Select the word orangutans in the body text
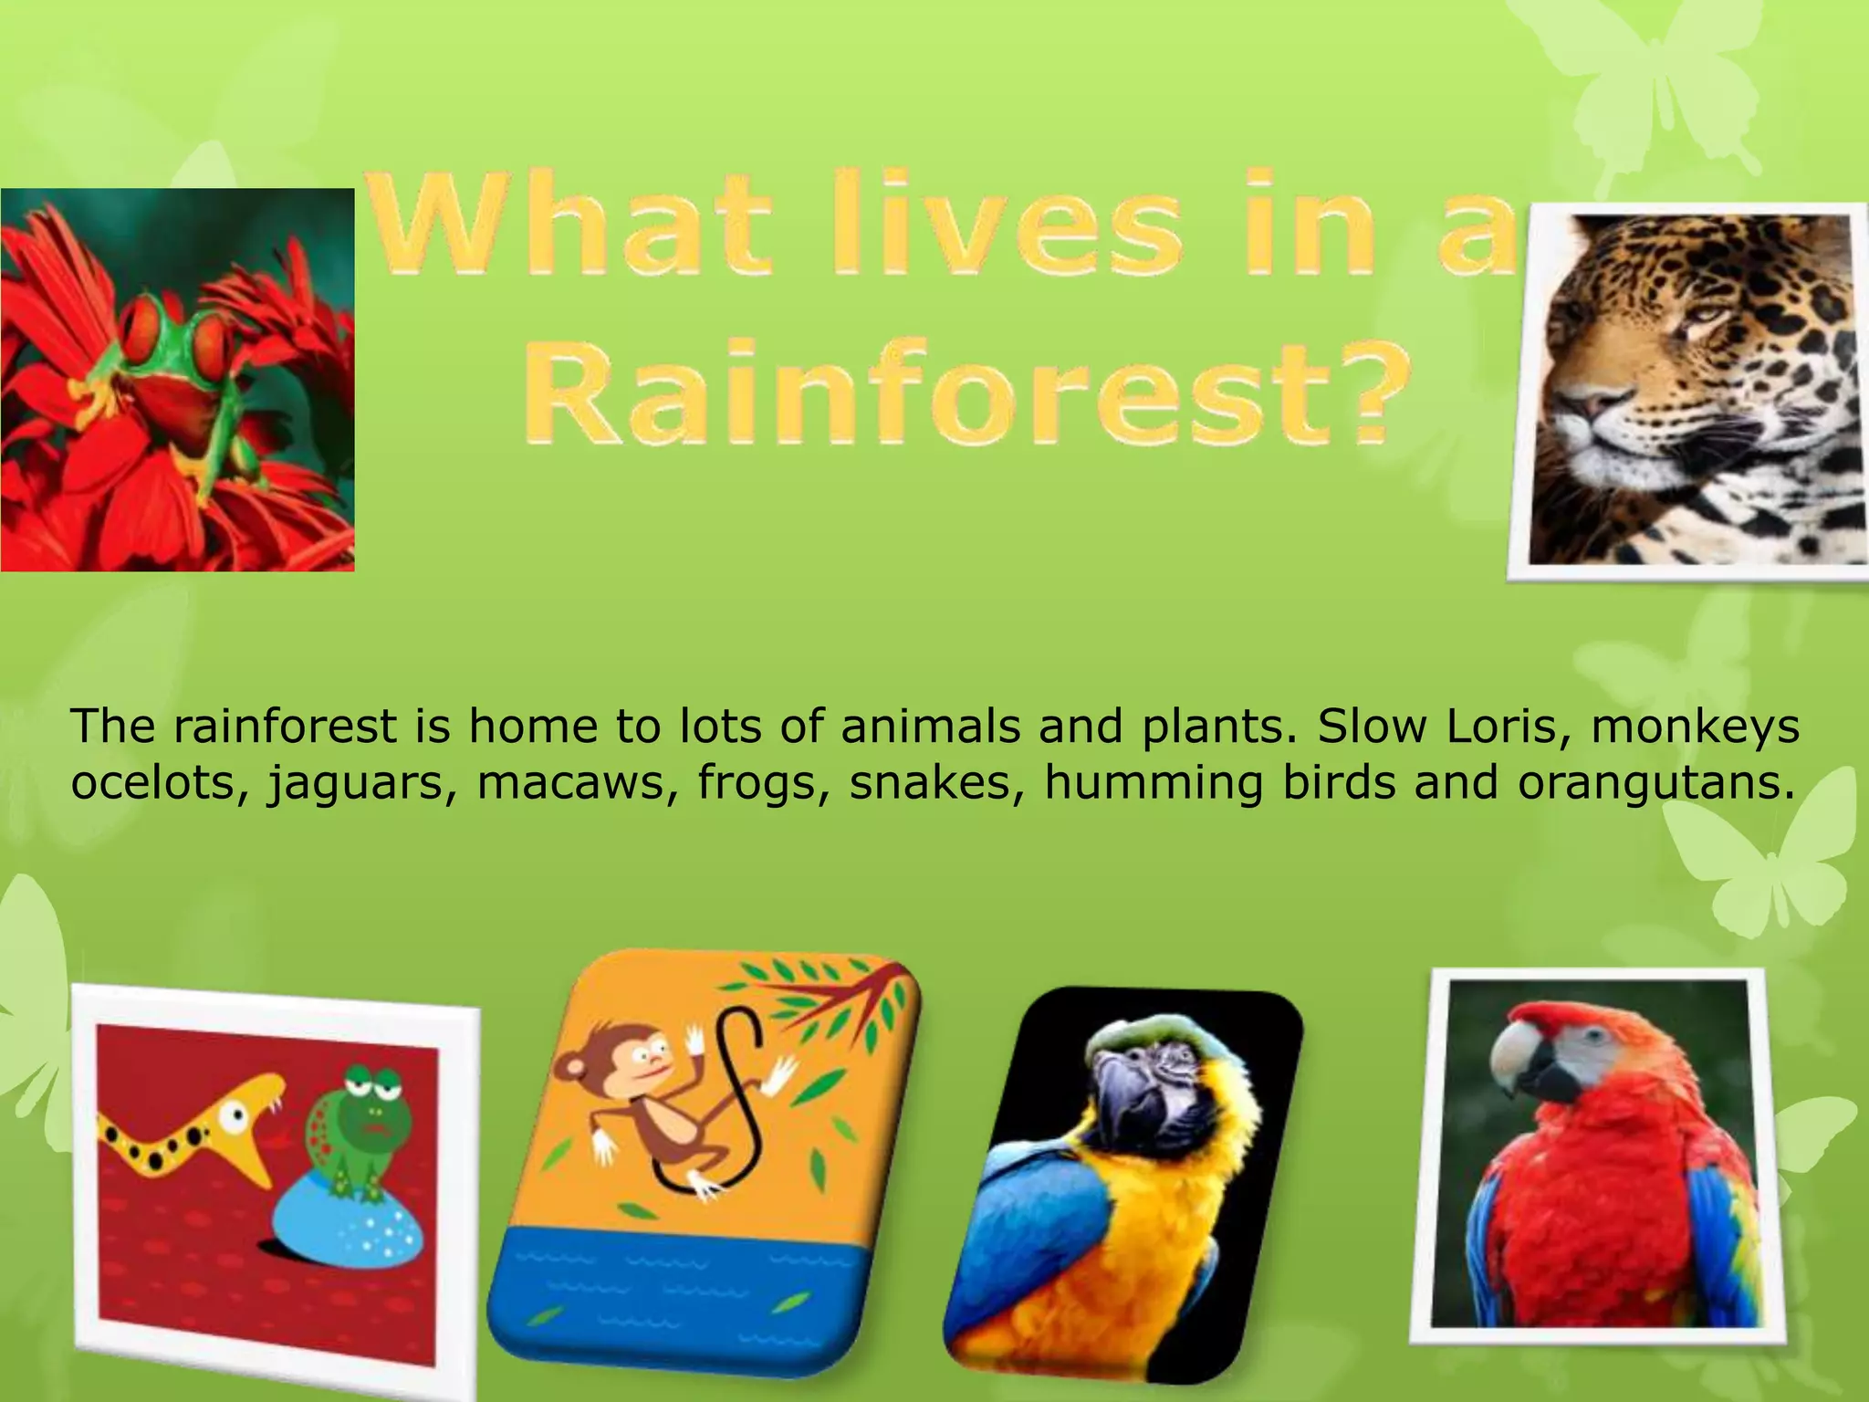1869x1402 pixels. click(x=1655, y=783)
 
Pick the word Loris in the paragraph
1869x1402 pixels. click(x=1479, y=727)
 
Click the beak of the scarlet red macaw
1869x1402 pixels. click(x=1526, y=1063)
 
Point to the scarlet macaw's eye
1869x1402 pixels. click(x=1593, y=1037)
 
